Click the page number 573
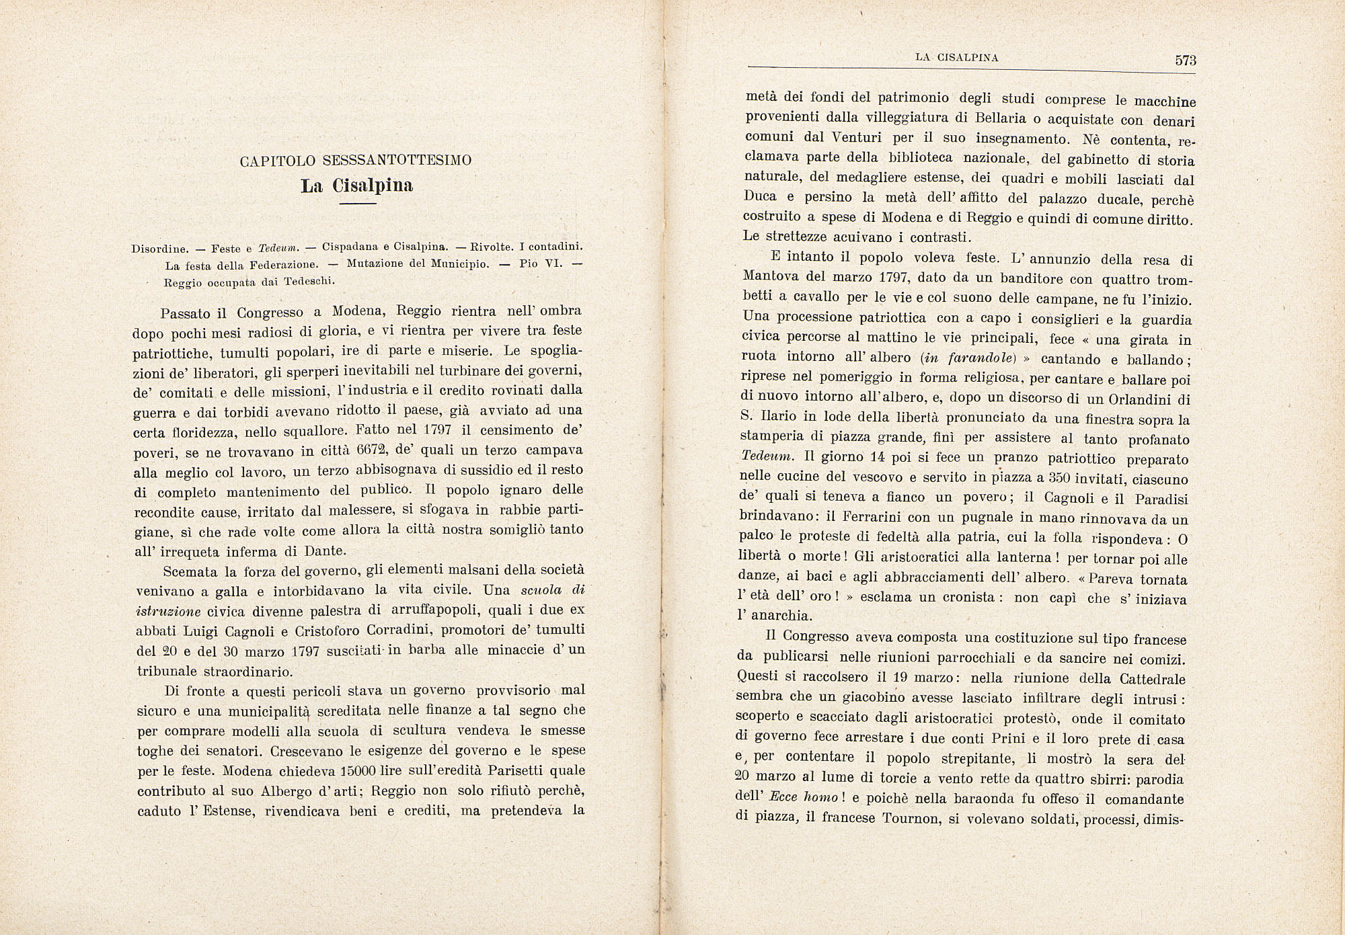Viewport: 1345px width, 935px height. click(x=1186, y=60)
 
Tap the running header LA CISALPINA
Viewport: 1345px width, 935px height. click(x=957, y=58)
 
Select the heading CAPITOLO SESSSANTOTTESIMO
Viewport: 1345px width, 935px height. click(x=356, y=161)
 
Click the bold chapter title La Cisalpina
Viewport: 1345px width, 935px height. click(x=356, y=185)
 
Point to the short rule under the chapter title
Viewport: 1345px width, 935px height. click(x=356, y=204)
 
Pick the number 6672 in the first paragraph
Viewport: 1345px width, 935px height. click(x=371, y=450)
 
